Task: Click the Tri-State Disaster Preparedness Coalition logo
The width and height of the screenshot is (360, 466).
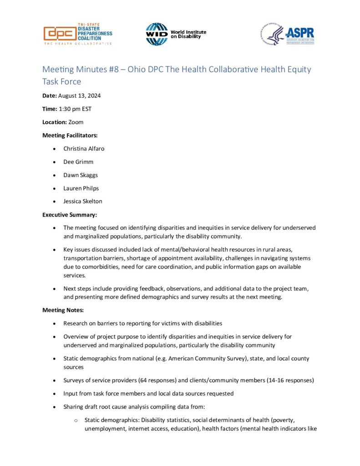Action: tap(77, 34)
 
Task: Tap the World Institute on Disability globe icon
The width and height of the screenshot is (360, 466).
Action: tap(157, 34)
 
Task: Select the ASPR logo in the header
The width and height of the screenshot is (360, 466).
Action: tap(287, 34)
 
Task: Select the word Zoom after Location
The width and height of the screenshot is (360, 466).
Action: tap(76, 122)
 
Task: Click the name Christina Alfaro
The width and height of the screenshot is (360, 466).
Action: tap(85, 148)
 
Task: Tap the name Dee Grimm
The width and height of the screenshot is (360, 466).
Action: tap(78, 162)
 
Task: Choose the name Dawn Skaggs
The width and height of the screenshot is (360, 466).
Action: tap(81, 175)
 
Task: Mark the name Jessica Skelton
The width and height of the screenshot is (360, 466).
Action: tap(83, 201)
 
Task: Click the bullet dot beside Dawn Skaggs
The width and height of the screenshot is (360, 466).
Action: tap(55, 175)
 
